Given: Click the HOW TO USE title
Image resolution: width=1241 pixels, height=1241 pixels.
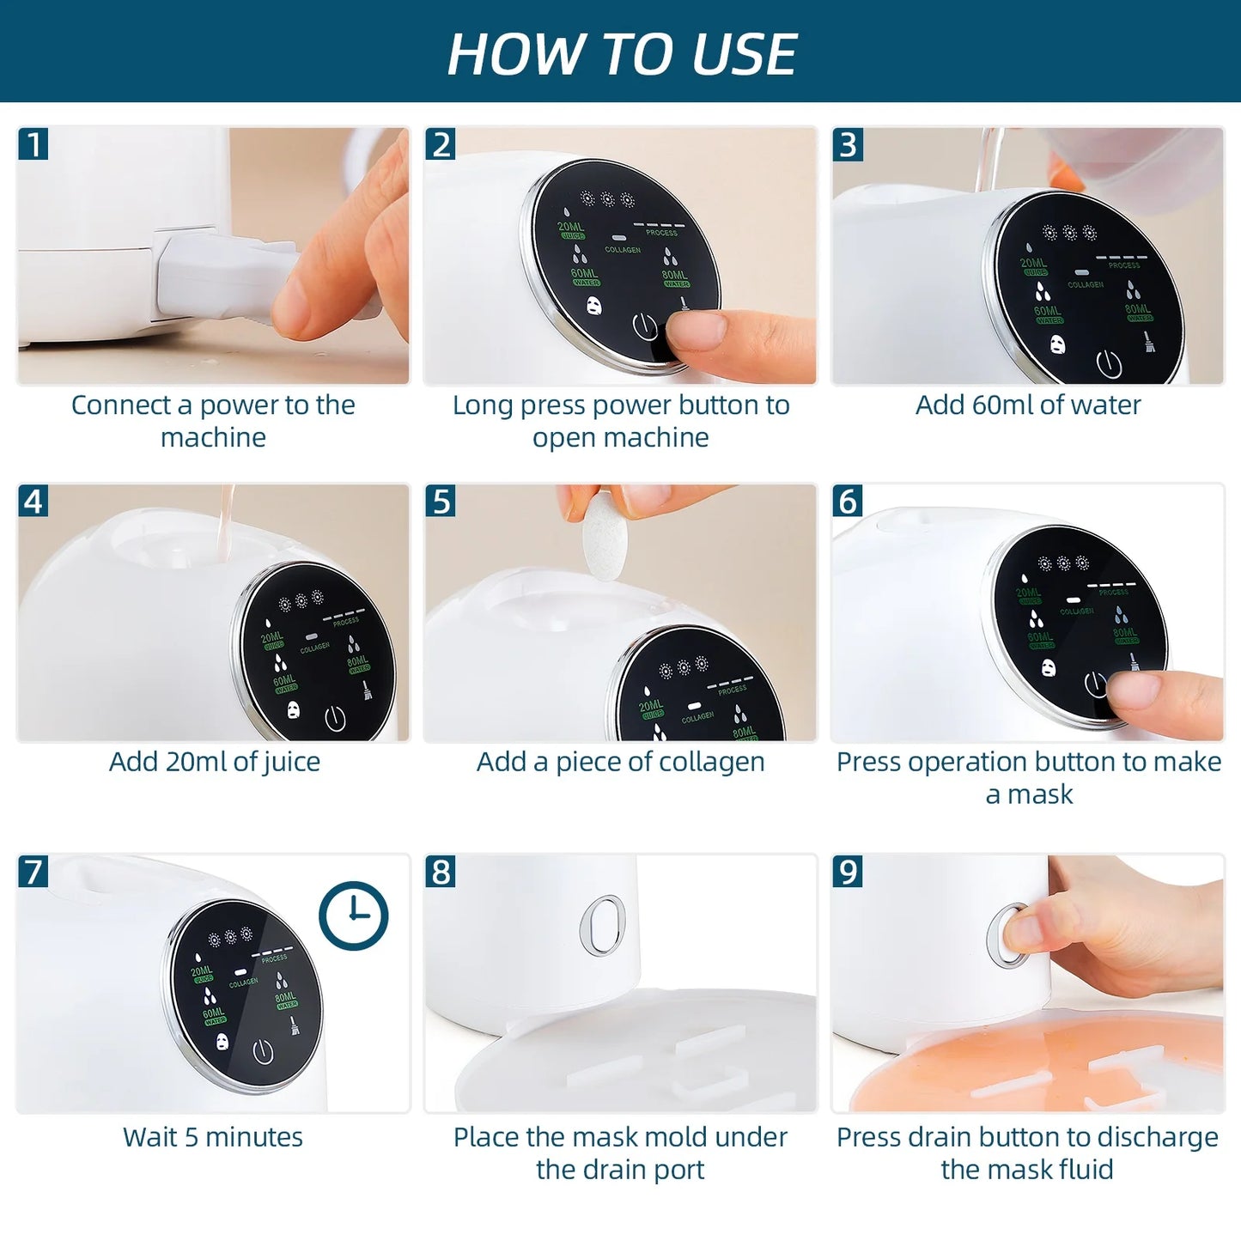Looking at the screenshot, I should pos(622,53).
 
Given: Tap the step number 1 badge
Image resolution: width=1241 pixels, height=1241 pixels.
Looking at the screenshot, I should pos(33,144).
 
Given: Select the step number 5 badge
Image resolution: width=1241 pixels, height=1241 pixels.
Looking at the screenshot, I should pos(441,501).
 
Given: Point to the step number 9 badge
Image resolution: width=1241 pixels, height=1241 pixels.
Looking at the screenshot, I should pos(848,872).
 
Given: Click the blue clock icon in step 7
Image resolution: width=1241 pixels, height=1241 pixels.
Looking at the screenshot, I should pos(353,916).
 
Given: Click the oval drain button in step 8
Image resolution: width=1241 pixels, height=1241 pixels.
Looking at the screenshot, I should pos(602,925).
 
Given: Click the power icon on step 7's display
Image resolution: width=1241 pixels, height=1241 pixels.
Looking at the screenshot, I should pos(263,1052).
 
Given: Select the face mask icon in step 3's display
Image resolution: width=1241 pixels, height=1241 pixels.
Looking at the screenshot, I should pos(1058,345).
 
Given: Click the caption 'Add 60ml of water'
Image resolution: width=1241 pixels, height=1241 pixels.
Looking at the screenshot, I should pos(1027,405).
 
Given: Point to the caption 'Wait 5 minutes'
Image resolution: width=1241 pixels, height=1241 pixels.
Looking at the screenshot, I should pos(213,1137).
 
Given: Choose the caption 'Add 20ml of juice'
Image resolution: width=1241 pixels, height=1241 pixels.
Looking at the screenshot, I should pos(214,762).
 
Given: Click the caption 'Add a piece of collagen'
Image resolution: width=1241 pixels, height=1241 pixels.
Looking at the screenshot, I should pos(620,762).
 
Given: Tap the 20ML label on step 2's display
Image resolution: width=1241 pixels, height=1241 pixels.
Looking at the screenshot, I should pos(570,228).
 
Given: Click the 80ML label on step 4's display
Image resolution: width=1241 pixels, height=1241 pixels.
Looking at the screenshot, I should pos(357,662).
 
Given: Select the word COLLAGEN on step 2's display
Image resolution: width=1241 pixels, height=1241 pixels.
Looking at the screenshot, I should pos(623,250).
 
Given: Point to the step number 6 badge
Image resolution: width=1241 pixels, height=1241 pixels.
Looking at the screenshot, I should pos(848,501).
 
